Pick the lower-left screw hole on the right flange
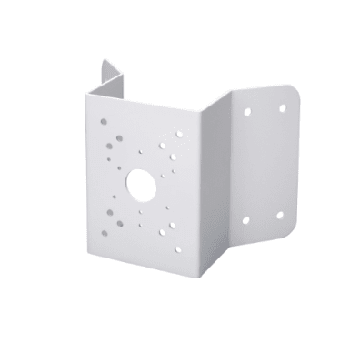245,220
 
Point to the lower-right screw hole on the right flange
279,216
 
